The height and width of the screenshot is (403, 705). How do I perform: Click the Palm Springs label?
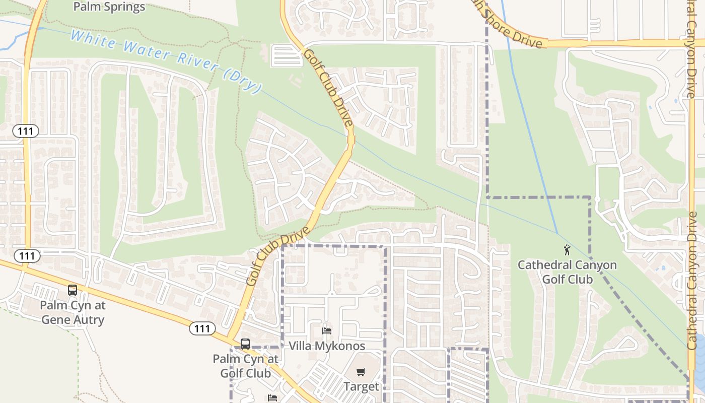pos(109,7)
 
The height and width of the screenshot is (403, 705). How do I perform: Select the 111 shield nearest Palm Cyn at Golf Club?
pos(202,329)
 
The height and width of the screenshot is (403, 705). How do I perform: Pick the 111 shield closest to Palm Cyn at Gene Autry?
pos(27,256)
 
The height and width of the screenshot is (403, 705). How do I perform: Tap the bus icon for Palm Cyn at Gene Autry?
pos(73,290)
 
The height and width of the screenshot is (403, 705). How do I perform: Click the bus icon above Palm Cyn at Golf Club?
pos(245,344)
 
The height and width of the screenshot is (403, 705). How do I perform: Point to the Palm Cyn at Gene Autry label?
pos(73,312)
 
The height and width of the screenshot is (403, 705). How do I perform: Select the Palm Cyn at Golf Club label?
pos(245,366)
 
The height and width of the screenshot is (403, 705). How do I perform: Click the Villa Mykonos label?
pos(327,346)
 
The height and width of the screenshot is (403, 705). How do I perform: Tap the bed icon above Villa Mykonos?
pos(327,331)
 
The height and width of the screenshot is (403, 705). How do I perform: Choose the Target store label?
pos(361,386)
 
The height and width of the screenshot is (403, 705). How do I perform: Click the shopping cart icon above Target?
pos(361,372)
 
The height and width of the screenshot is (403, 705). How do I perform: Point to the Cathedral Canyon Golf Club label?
pos(567,272)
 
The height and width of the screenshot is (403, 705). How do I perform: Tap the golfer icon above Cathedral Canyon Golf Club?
pos(567,250)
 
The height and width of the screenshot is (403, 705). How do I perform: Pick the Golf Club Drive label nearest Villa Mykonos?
pos(278,256)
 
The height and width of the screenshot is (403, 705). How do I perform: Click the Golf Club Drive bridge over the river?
pos(350,139)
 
